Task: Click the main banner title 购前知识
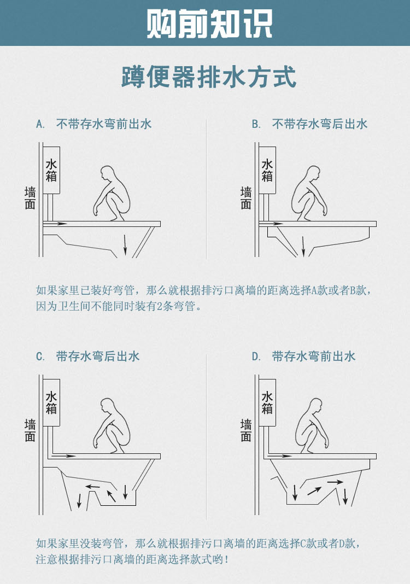(209, 24)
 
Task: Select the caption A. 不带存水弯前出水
(94, 124)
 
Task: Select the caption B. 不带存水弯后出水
(309, 124)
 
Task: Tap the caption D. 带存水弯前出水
(303, 357)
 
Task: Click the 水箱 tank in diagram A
(51, 170)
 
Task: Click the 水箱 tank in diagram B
(267, 170)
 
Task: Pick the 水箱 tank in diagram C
(51, 402)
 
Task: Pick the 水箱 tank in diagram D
(267, 402)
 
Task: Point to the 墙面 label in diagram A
(30, 198)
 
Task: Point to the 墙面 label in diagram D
(246, 430)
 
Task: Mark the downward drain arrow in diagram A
(125, 244)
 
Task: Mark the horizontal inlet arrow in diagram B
(272, 224)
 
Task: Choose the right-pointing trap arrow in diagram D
(334, 482)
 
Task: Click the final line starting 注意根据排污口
(131, 559)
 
